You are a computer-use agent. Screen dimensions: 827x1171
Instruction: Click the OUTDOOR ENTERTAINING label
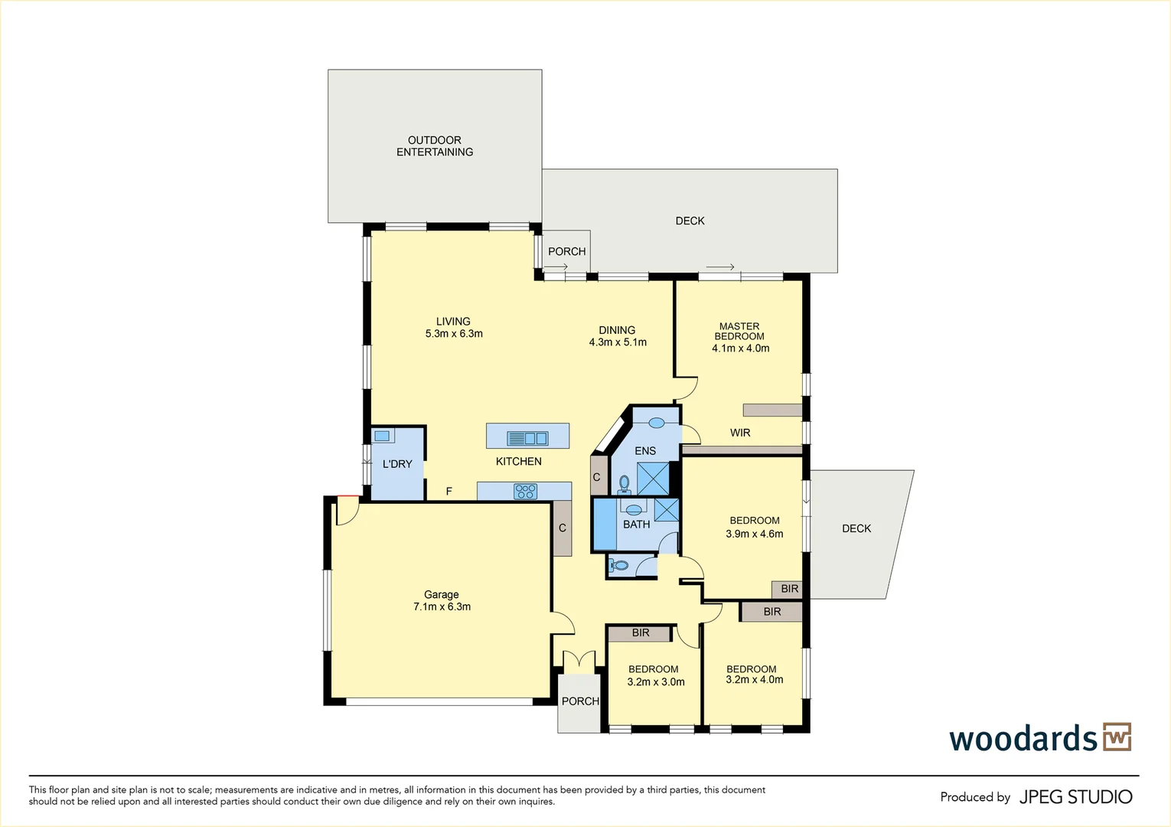(434, 146)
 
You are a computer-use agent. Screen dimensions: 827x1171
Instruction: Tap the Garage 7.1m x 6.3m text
(442, 600)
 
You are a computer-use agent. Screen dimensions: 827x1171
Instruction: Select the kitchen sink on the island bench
(527, 439)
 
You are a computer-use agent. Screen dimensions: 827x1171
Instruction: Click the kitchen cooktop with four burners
(525, 492)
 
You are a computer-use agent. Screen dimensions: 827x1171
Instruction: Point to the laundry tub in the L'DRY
(382, 436)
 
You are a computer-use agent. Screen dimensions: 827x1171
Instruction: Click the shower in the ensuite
(653, 478)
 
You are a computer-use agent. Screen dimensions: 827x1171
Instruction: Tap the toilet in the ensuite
(625, 484)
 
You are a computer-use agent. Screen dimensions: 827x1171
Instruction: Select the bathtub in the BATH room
(605, 525)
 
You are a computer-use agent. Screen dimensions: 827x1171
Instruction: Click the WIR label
(740, 433)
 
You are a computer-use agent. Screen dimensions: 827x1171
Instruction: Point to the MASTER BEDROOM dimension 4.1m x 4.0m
(740, 348)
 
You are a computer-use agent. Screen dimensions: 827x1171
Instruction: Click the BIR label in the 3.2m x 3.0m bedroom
(641, 633)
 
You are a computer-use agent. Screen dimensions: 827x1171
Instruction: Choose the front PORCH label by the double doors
(580, 701)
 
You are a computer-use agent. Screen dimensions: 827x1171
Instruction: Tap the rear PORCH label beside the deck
(566, 251)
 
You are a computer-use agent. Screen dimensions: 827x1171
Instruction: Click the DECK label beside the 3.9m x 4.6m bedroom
(856, 528)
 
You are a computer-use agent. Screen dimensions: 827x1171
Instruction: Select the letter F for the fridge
(449, 492)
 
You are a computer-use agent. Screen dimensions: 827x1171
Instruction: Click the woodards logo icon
(1117, 737)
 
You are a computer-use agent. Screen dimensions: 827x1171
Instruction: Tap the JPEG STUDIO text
(1075, 797)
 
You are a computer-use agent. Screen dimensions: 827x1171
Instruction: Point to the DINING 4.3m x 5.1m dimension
(618, 342)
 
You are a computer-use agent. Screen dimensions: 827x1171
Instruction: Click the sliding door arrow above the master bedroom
(720, 267)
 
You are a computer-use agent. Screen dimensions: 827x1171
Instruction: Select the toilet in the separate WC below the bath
(619, 566)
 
